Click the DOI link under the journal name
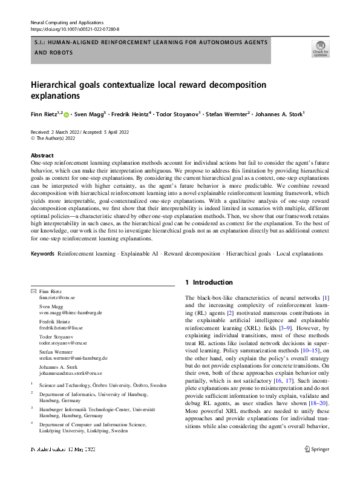pyautogui.click(x=74, y=29)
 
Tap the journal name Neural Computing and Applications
pyautogui.click(x=67, y=21)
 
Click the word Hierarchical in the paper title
pyautogui.click(x=58, y=85)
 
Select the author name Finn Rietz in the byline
pyautogui.click(x=43, y=113)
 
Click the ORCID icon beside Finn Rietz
pyautogui.click(x=66, y=113)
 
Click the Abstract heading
pyautogui.click(x=42, y=156)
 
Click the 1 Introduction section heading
pyautogui.click(x=209, y=282)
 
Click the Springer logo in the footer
pyautogui.click(x=316, y=467)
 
